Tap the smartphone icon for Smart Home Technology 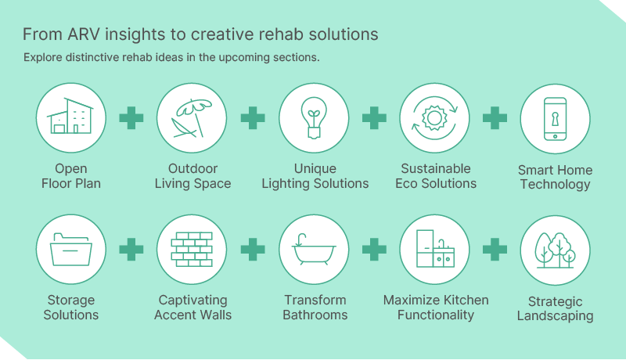555,119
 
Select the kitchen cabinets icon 434,250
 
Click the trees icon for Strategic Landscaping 555,250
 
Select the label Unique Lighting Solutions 315,176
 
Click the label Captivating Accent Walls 192,308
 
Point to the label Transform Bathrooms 315,308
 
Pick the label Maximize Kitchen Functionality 435,308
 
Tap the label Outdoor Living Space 192,176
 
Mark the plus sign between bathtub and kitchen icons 374,250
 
